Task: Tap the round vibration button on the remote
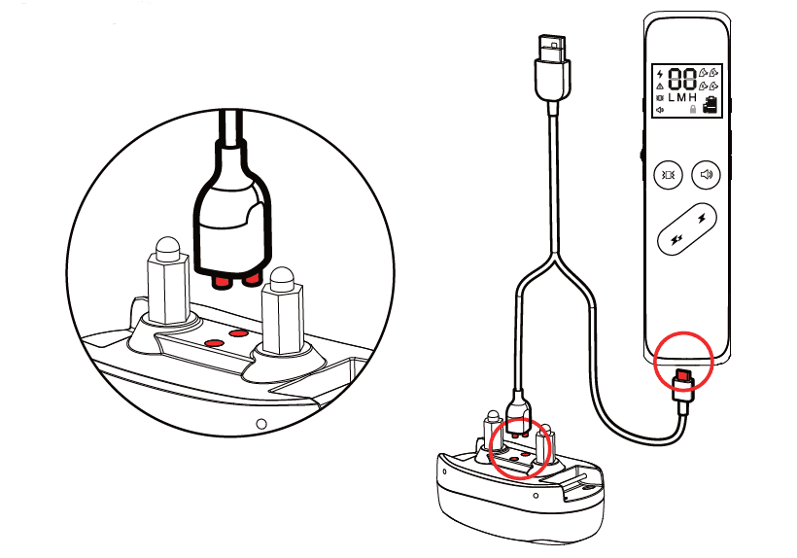click(668, 175)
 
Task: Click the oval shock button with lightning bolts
click(687, 228)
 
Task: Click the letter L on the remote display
click(671, 97)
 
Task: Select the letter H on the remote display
click(692, 97)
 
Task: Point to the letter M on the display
click(681, 97)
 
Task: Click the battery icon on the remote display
click(710, 105)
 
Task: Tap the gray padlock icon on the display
click(692, 109)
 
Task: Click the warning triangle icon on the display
click(660, 86)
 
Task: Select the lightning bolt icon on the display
click(660, 74)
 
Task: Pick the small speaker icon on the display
click(660, 110)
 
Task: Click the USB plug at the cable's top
click(552, 68)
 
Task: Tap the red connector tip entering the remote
click(684, 376)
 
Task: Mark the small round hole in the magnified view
click(261, 423)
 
